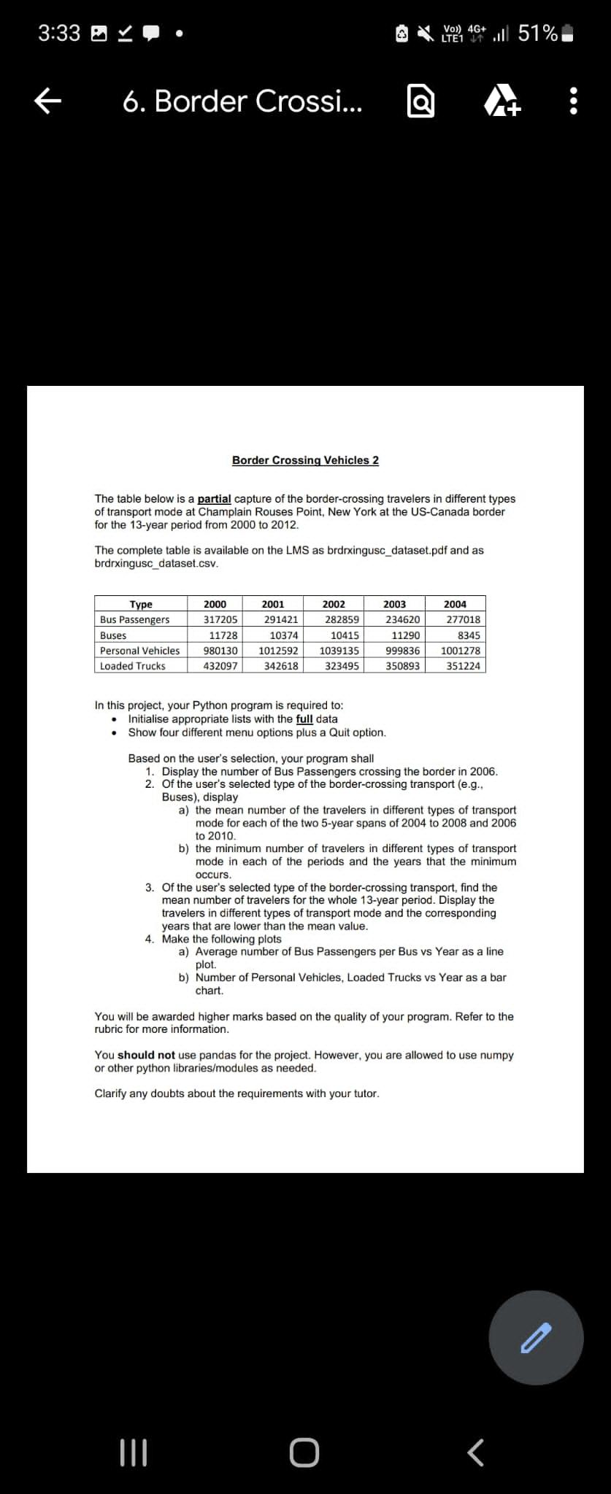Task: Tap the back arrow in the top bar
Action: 47,101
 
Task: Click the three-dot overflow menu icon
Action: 573,101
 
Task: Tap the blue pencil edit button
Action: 536,1337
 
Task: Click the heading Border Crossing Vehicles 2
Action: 305,460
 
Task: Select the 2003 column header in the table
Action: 394,604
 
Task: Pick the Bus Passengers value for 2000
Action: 220,619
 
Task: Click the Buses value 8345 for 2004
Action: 468,635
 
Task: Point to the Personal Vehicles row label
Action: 139,651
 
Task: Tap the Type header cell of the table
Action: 141,604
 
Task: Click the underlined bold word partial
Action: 214,499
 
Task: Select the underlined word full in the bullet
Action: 304,719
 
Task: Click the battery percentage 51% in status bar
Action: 538,34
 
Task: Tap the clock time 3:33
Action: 59,34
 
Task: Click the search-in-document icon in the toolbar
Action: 420,102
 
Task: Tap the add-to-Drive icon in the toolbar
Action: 502,102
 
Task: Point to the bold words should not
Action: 146,1056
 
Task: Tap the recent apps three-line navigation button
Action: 133,1452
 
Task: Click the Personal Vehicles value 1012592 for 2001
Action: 278,651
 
